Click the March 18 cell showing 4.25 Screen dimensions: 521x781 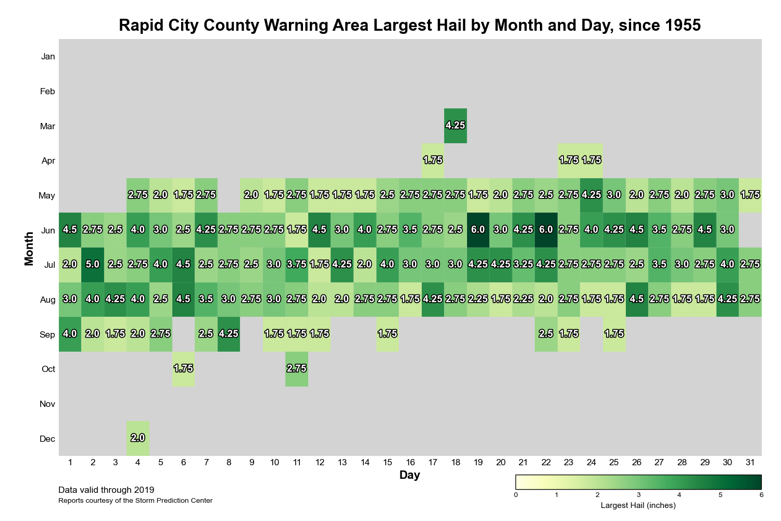tap(456, 126)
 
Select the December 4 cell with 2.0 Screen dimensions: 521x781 tap(138, 438)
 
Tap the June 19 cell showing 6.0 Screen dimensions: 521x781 tap(478, 230)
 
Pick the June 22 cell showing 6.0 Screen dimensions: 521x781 tap(546, 230)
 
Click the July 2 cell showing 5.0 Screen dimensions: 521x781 tap(93, 265)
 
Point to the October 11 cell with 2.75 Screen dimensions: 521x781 tap(297, 369)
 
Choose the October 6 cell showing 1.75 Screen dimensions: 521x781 tap(183, 369)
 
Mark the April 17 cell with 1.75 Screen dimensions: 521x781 tap(433, 160)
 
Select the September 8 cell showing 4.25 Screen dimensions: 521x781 tap(229, 334)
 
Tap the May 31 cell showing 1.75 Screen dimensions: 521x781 tap(750, 195)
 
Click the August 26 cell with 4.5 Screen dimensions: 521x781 tap(637, 300)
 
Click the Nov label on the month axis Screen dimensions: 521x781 tap(47, 404)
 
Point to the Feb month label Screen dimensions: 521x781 tap(47, 91)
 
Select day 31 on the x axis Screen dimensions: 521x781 tap(750, 462)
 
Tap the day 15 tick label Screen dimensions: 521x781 tap(387, 462)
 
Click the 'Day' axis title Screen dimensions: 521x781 tap(410, 475)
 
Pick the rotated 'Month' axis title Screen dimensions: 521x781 tap(29, 247)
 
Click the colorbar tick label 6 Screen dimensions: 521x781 tap(761, 494)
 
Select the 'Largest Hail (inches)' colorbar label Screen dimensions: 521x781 tap(638, 505)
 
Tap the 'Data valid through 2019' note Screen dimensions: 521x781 tap(106, 490)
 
